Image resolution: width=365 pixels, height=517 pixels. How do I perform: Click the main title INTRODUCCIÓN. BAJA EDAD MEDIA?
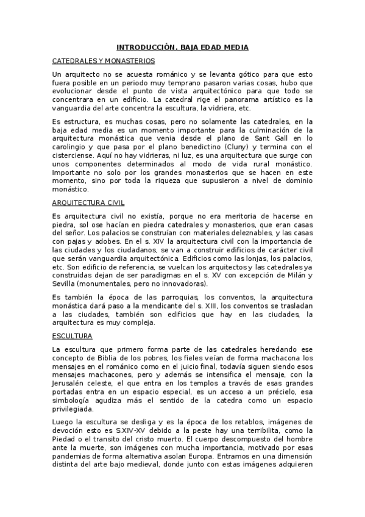[183, 48]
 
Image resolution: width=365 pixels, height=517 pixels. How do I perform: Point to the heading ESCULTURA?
[72, 335]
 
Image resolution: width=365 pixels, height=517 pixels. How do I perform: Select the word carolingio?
[71, 147]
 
